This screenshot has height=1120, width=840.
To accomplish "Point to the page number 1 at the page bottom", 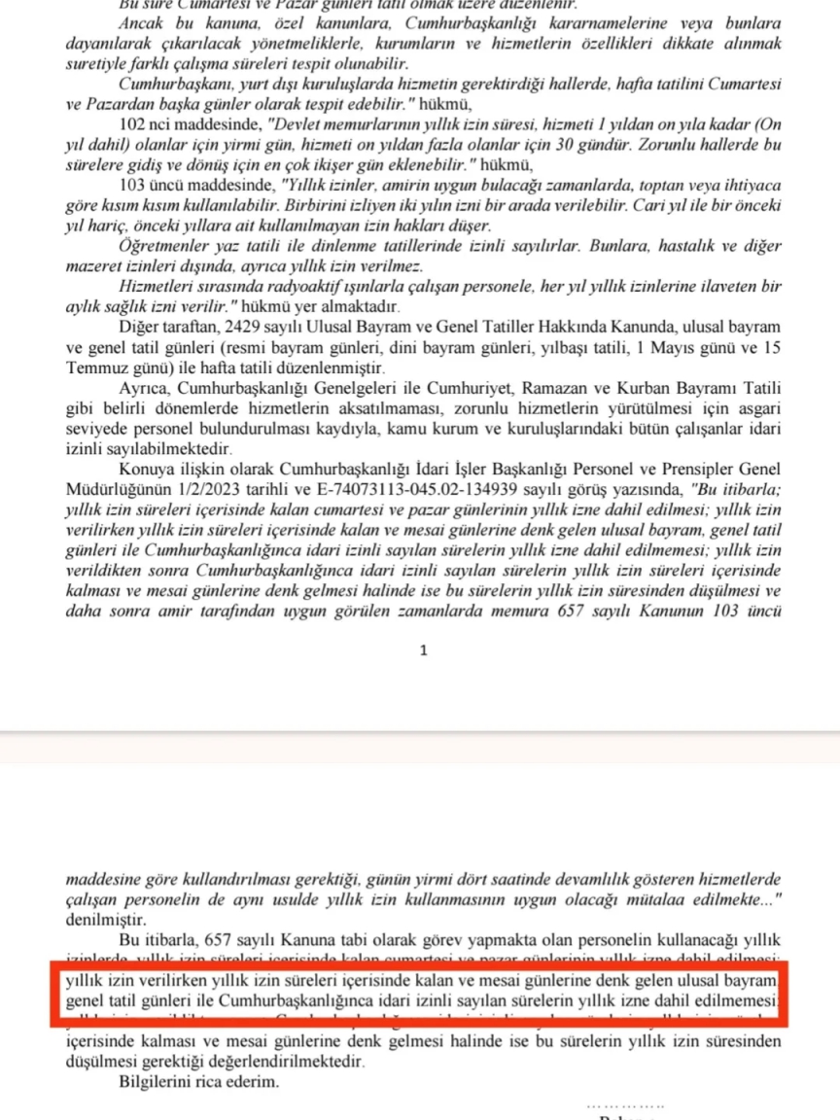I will pyautogui.click(x=423, y=651).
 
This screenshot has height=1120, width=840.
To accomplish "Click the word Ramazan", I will pyautogui.click(x=556, y=389).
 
